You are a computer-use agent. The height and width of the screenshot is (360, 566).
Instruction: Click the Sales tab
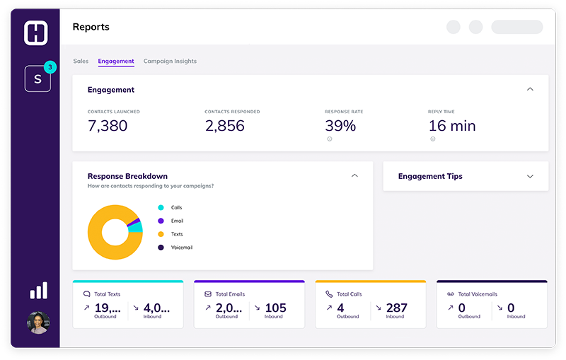tap(81, 62)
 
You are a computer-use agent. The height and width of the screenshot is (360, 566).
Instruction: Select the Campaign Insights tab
tap(170, 62)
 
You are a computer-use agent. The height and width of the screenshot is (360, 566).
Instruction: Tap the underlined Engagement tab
tap(116, 62)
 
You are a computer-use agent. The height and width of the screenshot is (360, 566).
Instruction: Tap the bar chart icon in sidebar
tap(38, 291)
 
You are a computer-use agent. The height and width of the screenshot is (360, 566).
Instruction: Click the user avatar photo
tap(38, 323)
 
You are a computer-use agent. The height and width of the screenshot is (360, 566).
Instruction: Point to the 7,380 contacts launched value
tap(108, 126)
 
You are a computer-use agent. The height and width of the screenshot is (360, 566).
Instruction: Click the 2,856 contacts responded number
tap(224, 126)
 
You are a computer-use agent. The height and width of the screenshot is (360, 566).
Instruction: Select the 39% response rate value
tap(340, 126)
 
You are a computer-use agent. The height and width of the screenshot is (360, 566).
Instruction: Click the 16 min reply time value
tap(452, 126)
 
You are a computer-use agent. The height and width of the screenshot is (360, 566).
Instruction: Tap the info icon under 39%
tap(330, 139)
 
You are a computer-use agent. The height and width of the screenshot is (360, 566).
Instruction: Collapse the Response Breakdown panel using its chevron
tap(355, 176)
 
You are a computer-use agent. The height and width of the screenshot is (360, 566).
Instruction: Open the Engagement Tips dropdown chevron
tap(530, 177)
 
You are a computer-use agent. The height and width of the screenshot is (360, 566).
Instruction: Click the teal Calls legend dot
tap(161, 208)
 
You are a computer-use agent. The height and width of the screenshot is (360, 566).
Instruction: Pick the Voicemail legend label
tap(182, 248)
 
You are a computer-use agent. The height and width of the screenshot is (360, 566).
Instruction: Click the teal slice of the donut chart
tap(137, 227)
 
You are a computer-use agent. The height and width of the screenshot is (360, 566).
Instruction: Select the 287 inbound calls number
tap(397, 308)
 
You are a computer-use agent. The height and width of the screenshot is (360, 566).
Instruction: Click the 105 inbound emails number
tap(275, 308)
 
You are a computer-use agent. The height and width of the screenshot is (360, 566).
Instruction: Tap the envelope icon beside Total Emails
tap(208, 294)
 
